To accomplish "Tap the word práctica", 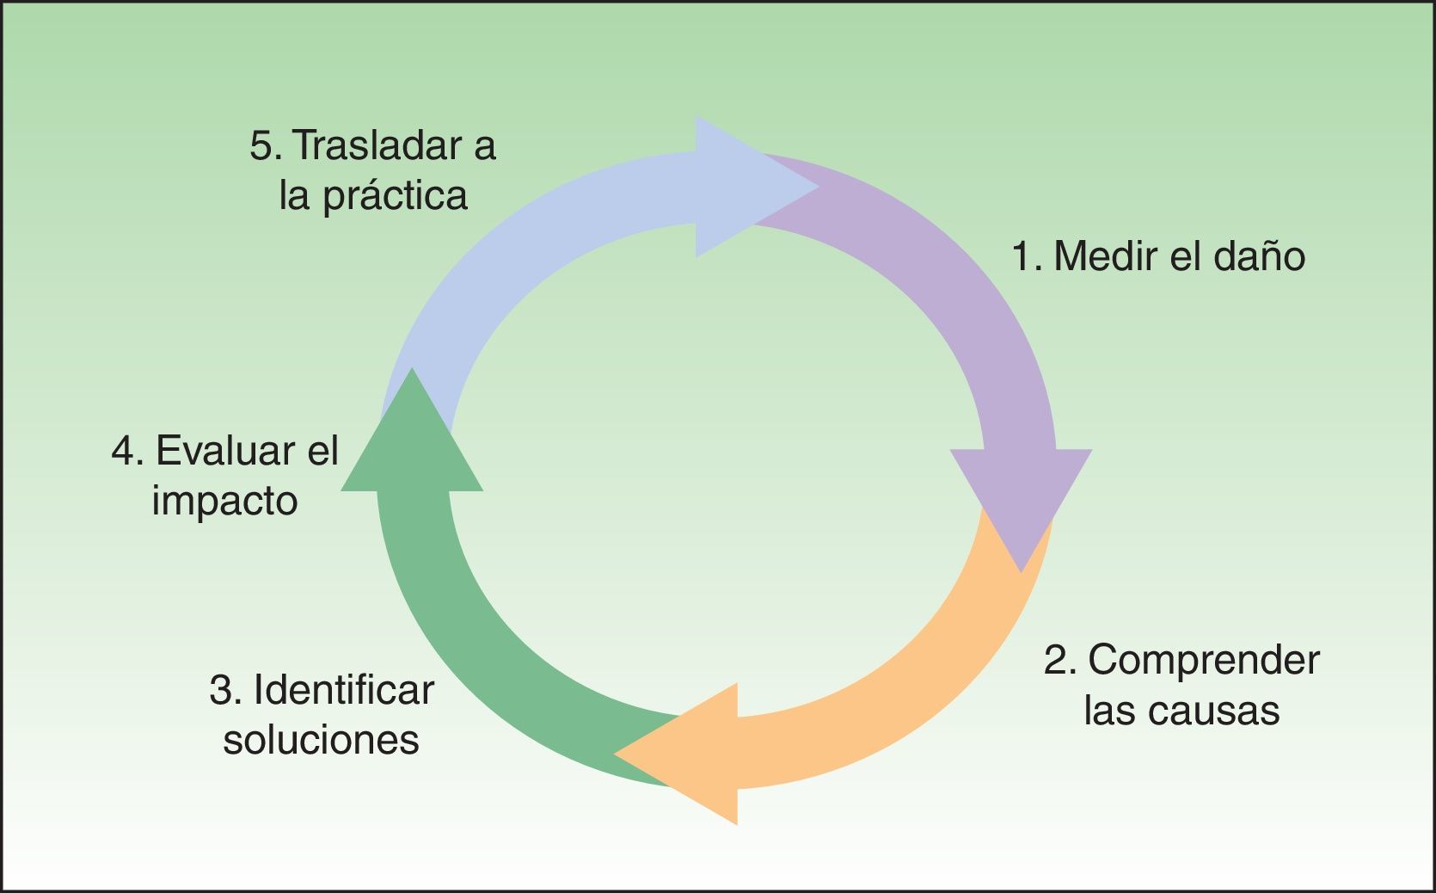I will (396, 197).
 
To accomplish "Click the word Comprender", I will (1203, 661).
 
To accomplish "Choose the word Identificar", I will (344, 690).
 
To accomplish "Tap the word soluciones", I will (321, 740).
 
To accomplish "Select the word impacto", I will (224, 501).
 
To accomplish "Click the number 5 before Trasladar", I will (261, 145).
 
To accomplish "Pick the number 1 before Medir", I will (1022, 256).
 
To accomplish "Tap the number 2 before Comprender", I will (1055, 661).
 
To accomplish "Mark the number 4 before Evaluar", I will (124, 451).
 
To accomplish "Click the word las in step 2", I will (1110, 711).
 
